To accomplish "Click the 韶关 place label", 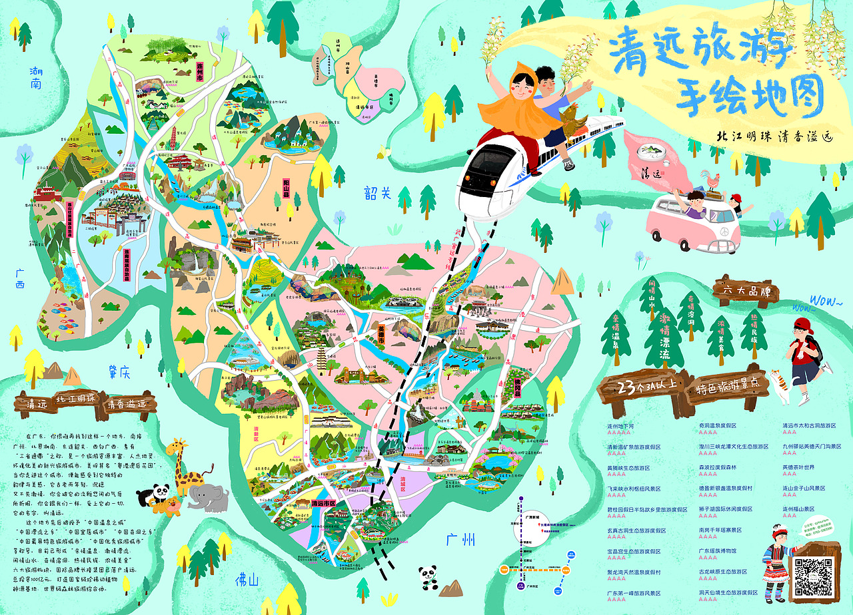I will coord(377,193).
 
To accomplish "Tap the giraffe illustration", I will coord(182,466).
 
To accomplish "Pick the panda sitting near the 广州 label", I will coord(428,576).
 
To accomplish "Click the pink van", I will coord(690,220).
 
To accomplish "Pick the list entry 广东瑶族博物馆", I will coord(717,551).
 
